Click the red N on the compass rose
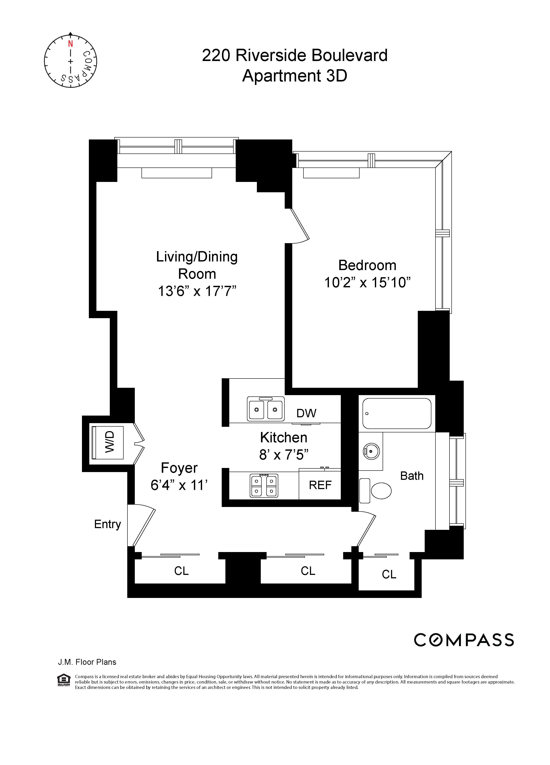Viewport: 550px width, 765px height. pos(70,44)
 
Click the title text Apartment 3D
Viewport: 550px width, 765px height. pos(295,76)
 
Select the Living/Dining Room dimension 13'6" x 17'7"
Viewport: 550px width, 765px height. pos(197,291)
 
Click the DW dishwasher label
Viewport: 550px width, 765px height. pos(306,413)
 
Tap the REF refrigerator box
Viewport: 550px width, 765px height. pos(320,485)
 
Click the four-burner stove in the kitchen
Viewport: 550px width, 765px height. pos(264,486)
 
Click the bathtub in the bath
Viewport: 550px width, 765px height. pos(397,413)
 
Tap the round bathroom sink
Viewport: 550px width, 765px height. pos(371,451)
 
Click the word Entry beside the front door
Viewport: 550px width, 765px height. pos(107,524)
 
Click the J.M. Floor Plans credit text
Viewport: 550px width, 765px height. pos(87,662)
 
